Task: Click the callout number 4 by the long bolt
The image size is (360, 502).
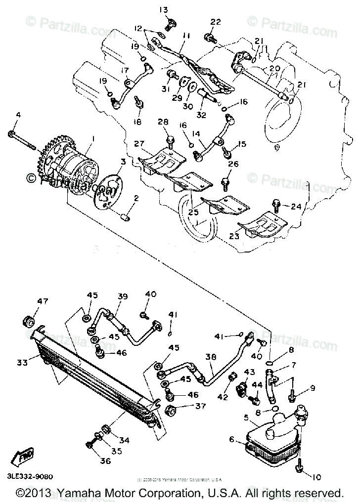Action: [x=18, y=115]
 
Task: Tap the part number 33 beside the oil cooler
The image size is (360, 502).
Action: [x=22, y=362]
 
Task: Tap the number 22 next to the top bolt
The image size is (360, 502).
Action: [x=215, y=22]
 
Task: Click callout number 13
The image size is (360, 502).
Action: [x=164, y=9]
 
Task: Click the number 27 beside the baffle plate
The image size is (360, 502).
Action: [x=138, y=144]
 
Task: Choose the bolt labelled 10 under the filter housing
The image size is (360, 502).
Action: [x=300, y=466]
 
